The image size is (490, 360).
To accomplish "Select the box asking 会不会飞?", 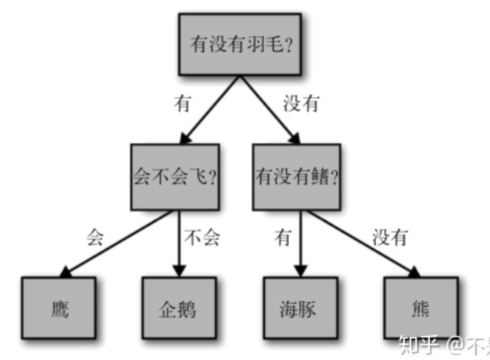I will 173,176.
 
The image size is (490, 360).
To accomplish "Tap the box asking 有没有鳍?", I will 297,176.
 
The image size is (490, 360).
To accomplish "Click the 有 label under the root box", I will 183,104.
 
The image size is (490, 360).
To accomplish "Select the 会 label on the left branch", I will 95,237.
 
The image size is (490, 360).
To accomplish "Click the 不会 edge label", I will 200,237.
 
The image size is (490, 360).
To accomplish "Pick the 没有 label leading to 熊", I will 389,237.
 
